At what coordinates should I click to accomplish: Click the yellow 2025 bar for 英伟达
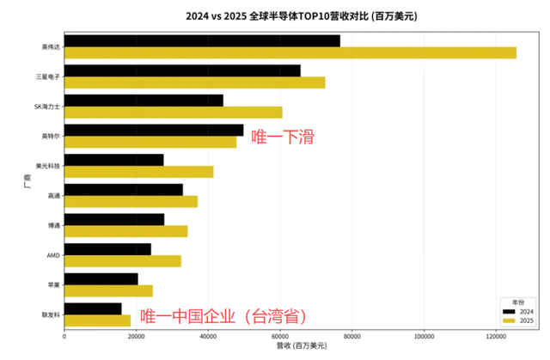[x=290, y=53]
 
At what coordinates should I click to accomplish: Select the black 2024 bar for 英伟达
[x=202, y=40]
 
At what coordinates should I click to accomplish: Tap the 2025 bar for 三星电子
[x=194, y=82]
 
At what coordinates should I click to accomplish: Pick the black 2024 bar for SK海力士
[x=144, y=100]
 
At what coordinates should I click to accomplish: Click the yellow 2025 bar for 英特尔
[x=150, y=143]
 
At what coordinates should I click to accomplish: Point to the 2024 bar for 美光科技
[x=113, y=160]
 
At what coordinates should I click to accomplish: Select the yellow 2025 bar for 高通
[x=131, y=202]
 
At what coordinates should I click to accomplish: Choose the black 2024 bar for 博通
[x=114, y=219]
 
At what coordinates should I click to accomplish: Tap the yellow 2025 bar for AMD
[x=122, y=261]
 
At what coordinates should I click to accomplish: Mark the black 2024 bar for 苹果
[x=101, y=278]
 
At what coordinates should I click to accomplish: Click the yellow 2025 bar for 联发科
[x=97, y=320]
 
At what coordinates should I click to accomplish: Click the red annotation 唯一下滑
[x=282, y=137]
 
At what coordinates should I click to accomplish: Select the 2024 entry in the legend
[x=518, y=310]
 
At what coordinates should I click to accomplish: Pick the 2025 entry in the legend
[x=518, y=320]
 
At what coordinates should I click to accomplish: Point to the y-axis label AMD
[x=53, y=255]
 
